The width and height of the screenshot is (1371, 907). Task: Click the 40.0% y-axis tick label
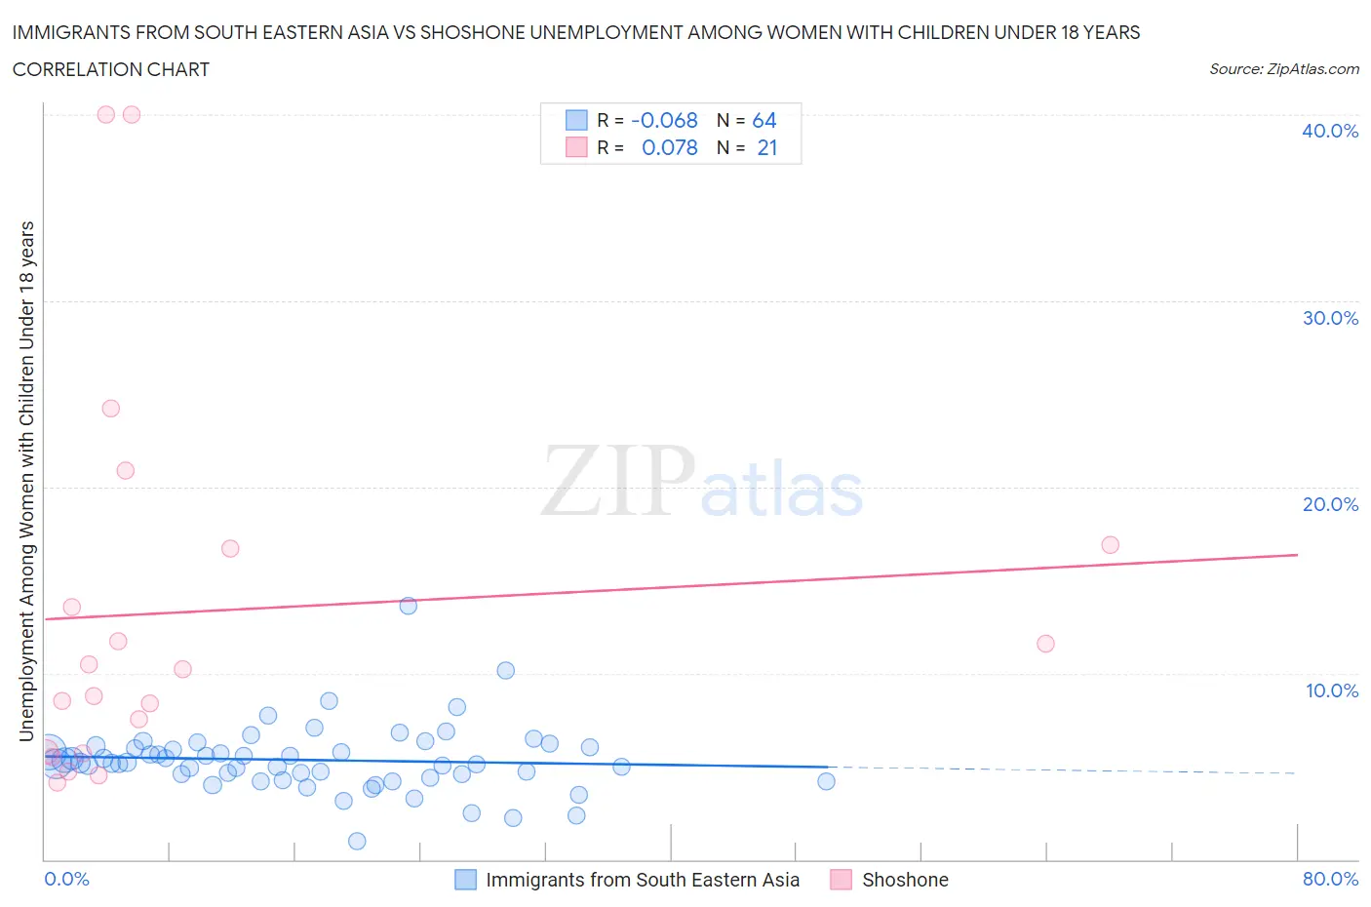click(1330, 131)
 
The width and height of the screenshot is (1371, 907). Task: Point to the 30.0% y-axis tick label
click(1330, 318)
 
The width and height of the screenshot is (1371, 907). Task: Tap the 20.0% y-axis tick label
click(1330, 504)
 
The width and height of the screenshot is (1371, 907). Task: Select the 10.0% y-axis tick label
click(1331, 690)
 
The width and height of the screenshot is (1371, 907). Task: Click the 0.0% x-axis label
click(66, 879)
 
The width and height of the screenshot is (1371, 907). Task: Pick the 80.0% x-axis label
click(1330, 879)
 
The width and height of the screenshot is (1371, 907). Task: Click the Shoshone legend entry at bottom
click(904, 880)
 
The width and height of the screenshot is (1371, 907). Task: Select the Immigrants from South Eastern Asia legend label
click(642, 880)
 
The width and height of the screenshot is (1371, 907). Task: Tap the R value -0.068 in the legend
click(664, 120)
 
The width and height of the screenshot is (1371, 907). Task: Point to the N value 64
click(764, 120)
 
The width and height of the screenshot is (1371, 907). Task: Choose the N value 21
click(766, 147)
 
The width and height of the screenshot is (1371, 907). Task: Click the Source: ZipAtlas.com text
click(1283, 69)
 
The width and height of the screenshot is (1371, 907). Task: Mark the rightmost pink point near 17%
click(1110, 545)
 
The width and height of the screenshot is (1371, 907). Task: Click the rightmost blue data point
click(826, 781)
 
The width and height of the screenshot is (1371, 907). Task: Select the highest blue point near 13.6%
click(409, 606)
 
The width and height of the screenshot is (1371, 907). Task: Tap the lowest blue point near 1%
click(357, 841)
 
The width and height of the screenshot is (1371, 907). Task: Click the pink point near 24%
click(111, 409)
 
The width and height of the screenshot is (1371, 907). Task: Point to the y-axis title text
click(26, 481)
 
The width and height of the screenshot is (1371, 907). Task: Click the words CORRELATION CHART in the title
click(111, 69)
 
